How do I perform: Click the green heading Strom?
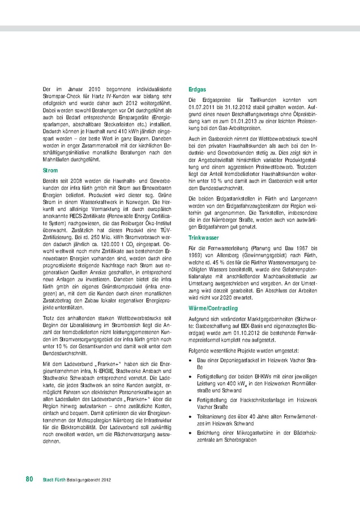coord(50,170)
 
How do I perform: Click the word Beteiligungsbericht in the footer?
coord(83,479)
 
